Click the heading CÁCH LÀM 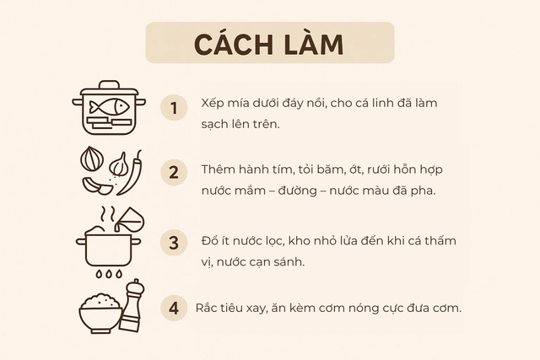(x=269, y=43)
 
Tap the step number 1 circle (x=174, y=109)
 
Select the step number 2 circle (x=174, y=173)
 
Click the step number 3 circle (x=174, y=244)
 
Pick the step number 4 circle (x=174, y=308)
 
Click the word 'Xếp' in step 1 (x=213, y=103)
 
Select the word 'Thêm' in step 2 (x=219, y=169)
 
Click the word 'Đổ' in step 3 (x=210, y=241)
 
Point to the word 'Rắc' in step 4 (x=208, y=308)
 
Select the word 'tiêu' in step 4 (x=238, y=308)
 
